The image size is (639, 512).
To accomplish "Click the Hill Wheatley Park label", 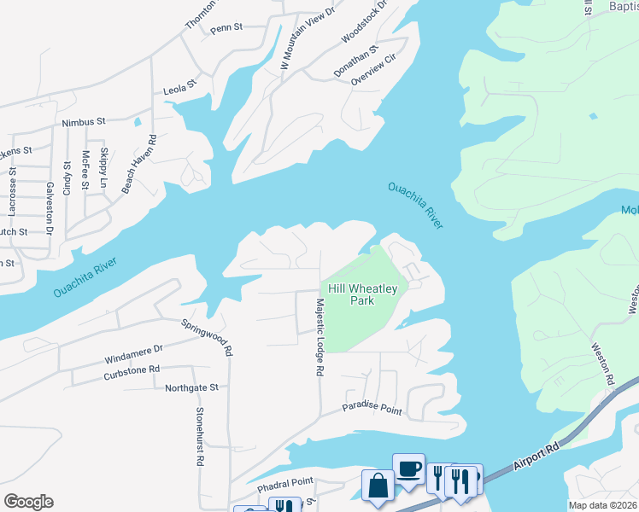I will tap(362, 294).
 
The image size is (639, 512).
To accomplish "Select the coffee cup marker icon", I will tap(408, 468).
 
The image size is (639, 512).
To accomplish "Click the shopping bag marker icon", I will tap(378, 486).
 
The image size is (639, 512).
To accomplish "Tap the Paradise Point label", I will tap(372, 409).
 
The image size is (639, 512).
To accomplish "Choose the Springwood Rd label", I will tap(207, 337).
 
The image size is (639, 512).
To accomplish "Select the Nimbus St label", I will tap(83, 123).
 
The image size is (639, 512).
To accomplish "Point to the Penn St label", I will tap(226, 27).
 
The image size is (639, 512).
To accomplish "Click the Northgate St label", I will tap(191, 387).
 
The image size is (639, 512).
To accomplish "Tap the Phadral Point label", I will tap(285, 482).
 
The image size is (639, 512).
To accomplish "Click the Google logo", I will tap(28, 502).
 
